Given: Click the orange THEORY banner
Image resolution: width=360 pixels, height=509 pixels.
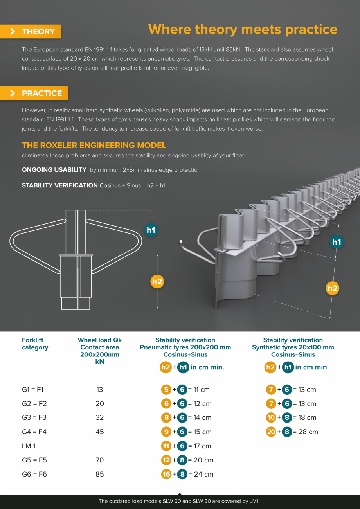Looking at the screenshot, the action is (x=31, y=31).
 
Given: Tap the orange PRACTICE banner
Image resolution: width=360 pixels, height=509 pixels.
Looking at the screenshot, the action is (x=34, y=93).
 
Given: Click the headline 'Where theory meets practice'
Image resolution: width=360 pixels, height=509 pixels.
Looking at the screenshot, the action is (x=243, y=30).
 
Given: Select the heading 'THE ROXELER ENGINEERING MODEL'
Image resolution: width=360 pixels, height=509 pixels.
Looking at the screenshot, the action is (x=94, y=145).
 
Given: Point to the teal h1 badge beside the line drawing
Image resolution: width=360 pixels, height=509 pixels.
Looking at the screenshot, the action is (x=151, y=230).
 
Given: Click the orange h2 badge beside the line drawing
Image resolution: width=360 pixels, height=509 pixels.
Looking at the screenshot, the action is (x=157, y=282).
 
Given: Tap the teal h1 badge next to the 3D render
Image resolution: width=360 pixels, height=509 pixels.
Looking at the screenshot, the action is (x=337, y=242).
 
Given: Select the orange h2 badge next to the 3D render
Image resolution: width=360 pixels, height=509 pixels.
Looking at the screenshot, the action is (x=333, y=288).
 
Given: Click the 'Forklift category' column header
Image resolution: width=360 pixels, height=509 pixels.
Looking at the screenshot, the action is (x=35, y=344).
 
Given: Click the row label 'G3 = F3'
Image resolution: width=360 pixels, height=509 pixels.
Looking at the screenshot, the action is (x=34, y=417).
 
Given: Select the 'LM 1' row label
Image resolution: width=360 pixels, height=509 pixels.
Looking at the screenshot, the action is (x=29, y=446).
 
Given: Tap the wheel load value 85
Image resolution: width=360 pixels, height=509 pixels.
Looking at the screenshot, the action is (x=100, y=474).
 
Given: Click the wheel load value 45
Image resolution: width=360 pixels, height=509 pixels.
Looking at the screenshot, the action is (x=100, y=432).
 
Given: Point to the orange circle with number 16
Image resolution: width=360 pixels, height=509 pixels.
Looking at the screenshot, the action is (x=166, y=474).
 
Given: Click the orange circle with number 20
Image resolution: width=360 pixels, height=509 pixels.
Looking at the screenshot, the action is (x=271, y=432).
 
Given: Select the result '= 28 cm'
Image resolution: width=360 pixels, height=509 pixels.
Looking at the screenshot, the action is (x=306, y=432).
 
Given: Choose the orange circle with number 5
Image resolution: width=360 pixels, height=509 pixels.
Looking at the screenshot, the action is (x=166, y=389).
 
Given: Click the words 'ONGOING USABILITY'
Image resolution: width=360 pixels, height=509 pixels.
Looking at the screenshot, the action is (x=54, y=170).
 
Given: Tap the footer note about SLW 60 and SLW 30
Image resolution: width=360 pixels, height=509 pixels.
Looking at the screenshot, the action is (x=179, y=501).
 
